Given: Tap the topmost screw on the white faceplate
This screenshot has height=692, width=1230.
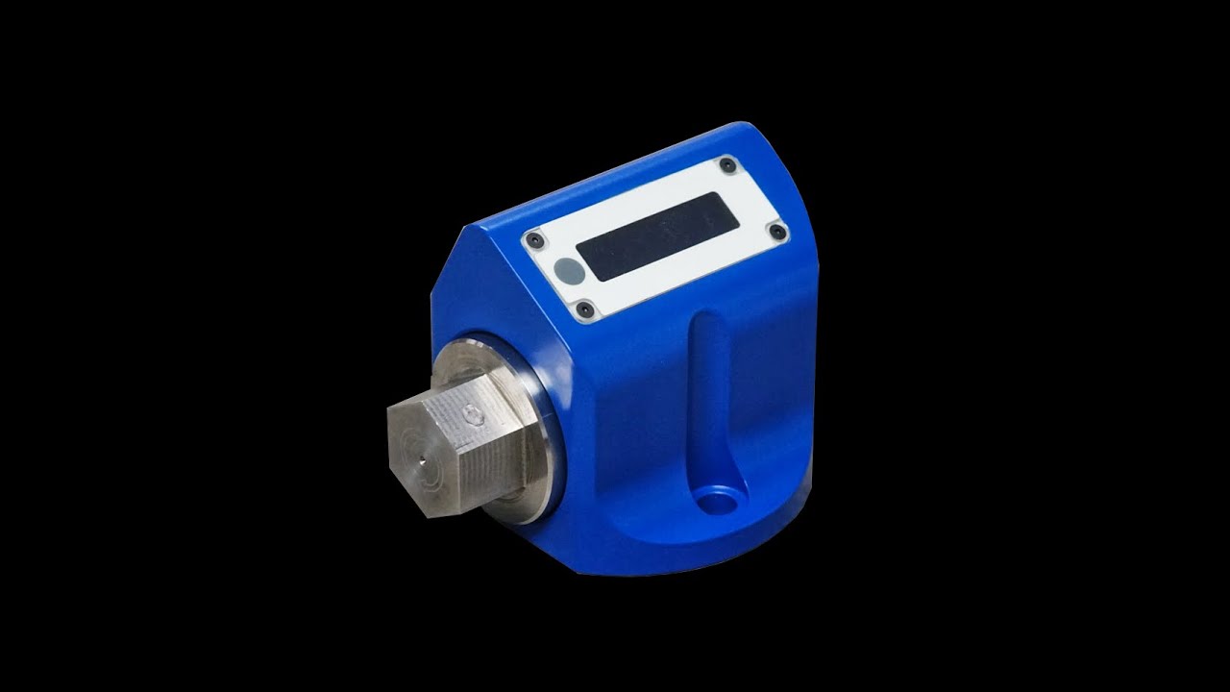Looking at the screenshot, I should click(727, 165).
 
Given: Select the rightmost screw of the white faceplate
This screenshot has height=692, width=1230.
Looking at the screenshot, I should click(775, 231).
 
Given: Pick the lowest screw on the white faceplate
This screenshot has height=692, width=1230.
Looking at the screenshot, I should click(584, 309).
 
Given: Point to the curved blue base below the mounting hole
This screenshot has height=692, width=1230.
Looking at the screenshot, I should click(692, 548).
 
